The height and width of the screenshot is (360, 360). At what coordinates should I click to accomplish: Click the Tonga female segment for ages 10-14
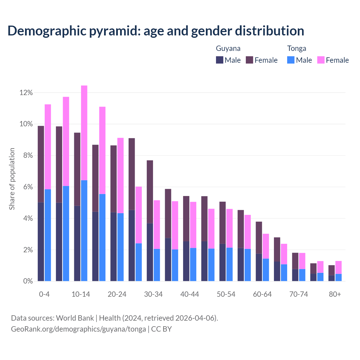(84, 133)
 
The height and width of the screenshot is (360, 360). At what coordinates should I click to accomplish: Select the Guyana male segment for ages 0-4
(41, 242)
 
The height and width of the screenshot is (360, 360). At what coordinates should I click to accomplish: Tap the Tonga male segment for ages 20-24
(120, 247)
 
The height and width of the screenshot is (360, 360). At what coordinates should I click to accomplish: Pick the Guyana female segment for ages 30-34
(150, 192)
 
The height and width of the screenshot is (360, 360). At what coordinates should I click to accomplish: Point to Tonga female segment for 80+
(339, 267)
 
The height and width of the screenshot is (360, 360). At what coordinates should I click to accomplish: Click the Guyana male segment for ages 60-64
(259, 267)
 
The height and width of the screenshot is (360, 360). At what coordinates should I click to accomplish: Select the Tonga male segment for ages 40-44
(193, 264)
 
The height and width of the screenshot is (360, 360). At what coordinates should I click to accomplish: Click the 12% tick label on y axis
(26, 93)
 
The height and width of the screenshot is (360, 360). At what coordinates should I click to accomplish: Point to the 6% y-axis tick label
(28, 187)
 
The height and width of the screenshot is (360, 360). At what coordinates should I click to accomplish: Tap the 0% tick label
(28, 281)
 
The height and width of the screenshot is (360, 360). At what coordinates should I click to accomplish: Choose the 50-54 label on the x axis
(226, 294)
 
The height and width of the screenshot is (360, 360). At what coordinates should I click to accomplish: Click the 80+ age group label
(335, 294)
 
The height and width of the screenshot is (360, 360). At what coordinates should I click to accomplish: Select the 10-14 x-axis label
(81, 294)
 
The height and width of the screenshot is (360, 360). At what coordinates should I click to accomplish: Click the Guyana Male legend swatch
(220, 60)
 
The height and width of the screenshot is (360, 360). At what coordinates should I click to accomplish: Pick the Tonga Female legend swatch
(321, 60)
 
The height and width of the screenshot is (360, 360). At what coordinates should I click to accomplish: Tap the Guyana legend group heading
(228, 48)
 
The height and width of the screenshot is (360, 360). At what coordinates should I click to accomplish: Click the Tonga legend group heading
(297, 48)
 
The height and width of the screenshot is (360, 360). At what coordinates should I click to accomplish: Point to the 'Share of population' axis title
(12, 179)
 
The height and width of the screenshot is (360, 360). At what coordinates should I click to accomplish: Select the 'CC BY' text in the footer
(161, 329)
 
